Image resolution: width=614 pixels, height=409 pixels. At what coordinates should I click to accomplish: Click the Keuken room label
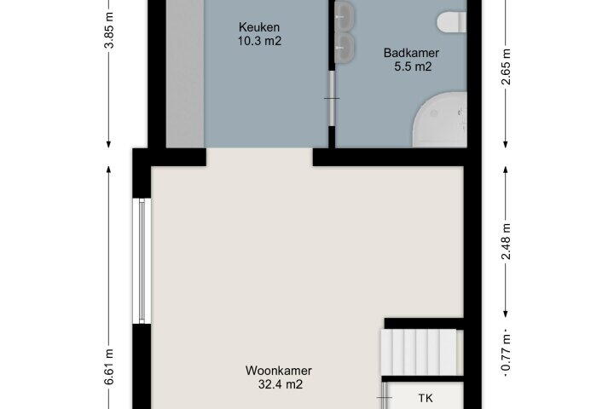pos(259,27)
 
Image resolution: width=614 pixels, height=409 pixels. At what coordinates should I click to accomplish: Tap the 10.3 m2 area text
pos(259,41)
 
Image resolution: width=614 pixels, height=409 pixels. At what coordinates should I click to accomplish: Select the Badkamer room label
pos(411,53)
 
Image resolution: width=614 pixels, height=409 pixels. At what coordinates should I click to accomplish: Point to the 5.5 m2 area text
pos(413,66)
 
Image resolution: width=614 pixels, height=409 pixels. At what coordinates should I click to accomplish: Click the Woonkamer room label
pos(279,371)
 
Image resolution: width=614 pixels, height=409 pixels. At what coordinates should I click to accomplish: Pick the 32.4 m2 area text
pos(281,384)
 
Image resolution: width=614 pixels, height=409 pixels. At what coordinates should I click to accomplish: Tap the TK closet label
pos(426,399)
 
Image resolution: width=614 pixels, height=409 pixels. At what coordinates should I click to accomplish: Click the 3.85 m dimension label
pos(109,30)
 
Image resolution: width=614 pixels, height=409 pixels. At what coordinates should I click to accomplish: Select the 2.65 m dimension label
pos(507,66)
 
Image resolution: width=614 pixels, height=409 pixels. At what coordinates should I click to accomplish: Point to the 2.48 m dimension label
pos(507,241)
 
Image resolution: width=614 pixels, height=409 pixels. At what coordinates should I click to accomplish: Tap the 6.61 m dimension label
pos(109,366)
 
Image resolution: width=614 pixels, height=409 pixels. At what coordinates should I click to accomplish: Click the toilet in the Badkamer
pos(452,21)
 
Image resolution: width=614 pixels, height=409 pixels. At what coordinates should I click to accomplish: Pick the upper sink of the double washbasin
pos(345,15)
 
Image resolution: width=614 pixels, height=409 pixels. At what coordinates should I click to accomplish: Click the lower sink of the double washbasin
pos(345,48)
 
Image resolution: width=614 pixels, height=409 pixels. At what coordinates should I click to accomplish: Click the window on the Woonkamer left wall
pos(142,261)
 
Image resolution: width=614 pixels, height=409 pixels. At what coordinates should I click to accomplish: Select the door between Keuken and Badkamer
pos(332,98)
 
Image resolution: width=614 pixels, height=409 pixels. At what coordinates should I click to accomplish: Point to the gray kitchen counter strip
pos(185,73)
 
